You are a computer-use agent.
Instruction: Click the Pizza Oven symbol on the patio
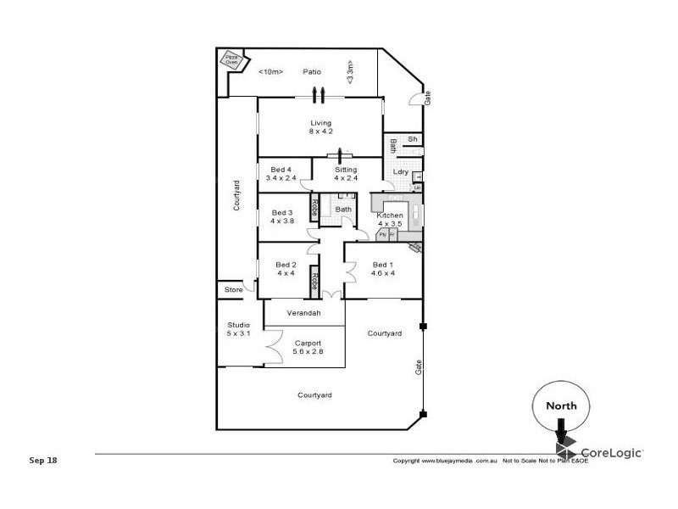point(231,60)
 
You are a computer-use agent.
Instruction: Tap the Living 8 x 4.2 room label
point(320,127)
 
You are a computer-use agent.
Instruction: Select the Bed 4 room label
point(279,174)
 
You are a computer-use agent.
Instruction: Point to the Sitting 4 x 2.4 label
point(345,174)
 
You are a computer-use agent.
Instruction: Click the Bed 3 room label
point(281,216)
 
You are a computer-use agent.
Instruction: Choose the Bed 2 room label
point(286,269)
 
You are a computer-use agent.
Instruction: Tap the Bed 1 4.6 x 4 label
point(383,269)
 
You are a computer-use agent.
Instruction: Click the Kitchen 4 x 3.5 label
point(390,220)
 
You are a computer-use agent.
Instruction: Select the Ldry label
point(401,172)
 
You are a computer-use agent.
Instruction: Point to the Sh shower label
point(413,139)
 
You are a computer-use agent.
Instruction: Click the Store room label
point(233,290)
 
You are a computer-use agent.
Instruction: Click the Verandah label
point(303,314)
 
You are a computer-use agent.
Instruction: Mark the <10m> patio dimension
point(270,72)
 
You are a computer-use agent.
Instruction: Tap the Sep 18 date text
point(42,461)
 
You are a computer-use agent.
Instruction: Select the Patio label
point(312,72)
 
